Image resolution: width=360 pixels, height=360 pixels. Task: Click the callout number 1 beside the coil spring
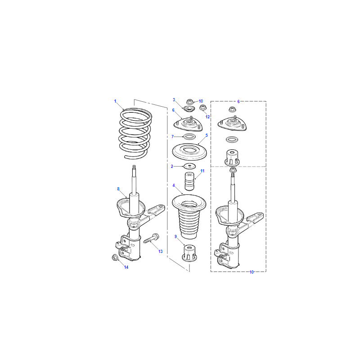pyautogui.click(x=115, y=101)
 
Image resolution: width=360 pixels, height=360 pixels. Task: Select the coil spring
pyautogui.click(x=135, y=133)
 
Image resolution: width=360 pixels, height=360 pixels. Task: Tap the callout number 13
pyautogui.click(x=160, y=252)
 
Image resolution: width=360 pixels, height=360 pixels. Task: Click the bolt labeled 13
pyautogui.click(x=151, y=238)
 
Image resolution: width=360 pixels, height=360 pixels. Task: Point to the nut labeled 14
pyautogui.click(x=115, y=257)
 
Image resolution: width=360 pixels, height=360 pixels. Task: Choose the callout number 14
pyautogui.click(x=126, y=267)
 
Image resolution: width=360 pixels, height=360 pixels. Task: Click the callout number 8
pyautogui.click(x=118, y=189)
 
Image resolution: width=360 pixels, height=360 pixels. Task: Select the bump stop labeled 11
pyautogui.click(x=189, y=181)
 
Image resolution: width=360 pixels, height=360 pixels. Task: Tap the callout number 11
pyautogui.click(x=202, y=171)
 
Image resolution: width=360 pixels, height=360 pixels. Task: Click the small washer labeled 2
pyautogui.click(x=189, y=166)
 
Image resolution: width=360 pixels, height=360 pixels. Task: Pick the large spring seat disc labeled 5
pyautogui.click(x=189, y=152)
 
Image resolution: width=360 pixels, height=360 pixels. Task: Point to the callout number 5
pyautogui.click(x=207, y=135)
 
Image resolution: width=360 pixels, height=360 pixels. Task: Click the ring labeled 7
pyautogui.click(x=189, y=137)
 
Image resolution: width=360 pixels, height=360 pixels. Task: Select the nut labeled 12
pyautogui.click(x=203, y=107)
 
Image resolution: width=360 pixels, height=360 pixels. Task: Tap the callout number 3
pyautogui.click(x=174, y=100)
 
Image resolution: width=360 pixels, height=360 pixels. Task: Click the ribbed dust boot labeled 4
pyautogui.click(x=189, y=216)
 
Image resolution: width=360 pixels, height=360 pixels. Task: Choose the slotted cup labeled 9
pyautogui.click(x=189, y=253)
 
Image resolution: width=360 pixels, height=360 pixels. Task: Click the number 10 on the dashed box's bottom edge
pyautogui.click(x=252, y=272)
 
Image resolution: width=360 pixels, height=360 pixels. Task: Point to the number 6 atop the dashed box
pyautogui.click(x=238, y=102)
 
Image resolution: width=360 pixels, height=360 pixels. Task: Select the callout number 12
pyautogui.click(x=207, y=117)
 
